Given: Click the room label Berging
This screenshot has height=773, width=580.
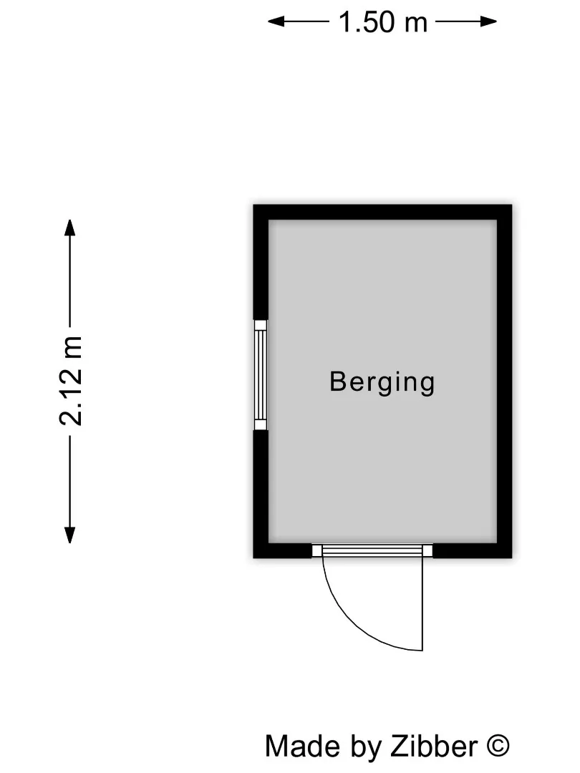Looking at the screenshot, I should [x=382, y=381].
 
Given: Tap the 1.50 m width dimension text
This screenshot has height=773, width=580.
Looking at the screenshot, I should [x=382, y=22].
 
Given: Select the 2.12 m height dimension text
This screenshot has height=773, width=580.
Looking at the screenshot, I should [x=71, y=380].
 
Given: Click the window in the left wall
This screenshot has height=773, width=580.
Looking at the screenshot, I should [x=261, y=375].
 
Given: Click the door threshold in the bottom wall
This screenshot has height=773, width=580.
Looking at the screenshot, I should [x=372, y=550].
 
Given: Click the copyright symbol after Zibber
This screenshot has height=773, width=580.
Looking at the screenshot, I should [x=498, y=746].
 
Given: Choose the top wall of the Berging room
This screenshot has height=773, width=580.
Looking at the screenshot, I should [x=382, y=213].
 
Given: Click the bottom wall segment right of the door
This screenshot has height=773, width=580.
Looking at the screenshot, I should [x=472, y=550].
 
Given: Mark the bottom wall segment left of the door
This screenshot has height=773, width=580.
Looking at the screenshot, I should [x=283, y=550].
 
